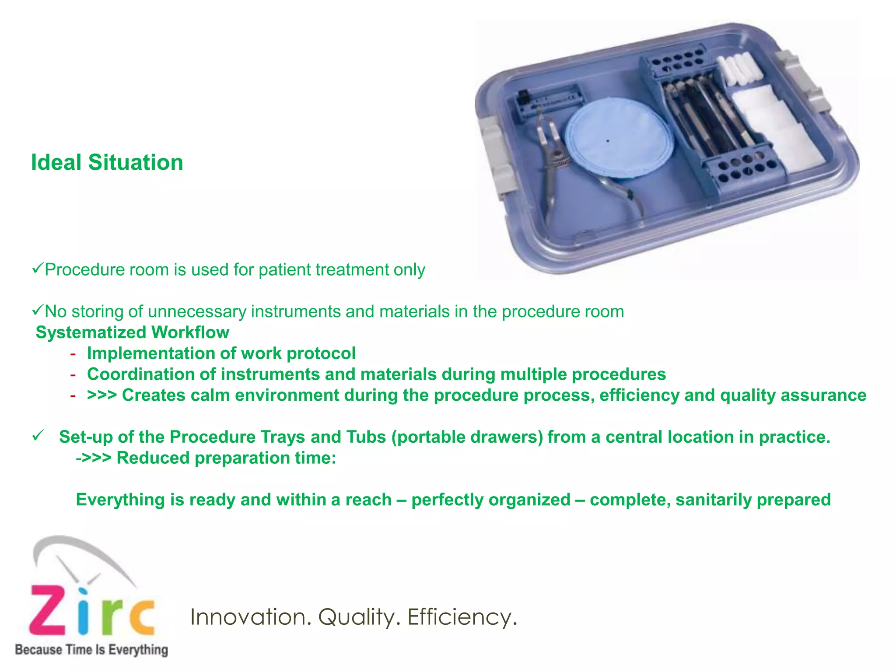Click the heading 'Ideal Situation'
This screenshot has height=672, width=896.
tap(107, 162)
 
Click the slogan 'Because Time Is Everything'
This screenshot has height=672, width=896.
tap(91, 650)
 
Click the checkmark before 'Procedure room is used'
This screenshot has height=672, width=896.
tap(37, 268)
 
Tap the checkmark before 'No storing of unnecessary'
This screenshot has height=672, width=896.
tap(37, 310)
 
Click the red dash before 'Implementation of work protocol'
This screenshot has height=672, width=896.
tap(73, 353)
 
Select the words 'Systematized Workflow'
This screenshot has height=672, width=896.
tap(132, 332)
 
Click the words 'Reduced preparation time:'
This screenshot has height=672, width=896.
tap(226, 458)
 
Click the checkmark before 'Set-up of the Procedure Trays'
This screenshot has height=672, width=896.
tap(38, 436)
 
